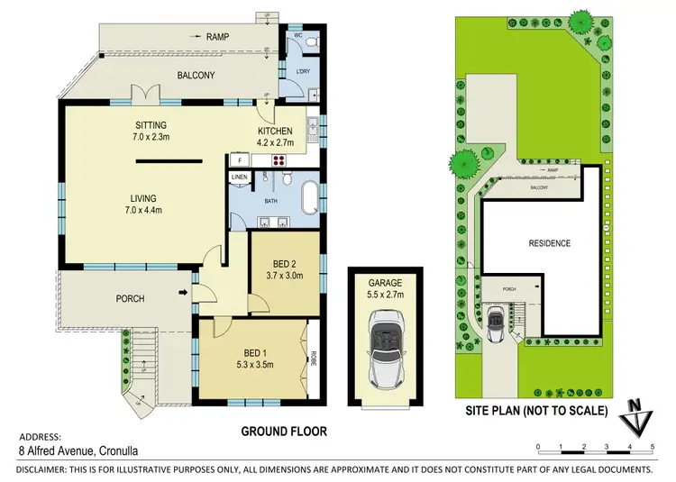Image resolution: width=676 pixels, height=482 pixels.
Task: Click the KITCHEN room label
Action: coord(276,131)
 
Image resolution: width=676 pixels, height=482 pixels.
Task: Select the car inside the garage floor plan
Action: coord(385,347)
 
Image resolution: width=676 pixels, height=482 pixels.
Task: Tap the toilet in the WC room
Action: coord(310,41)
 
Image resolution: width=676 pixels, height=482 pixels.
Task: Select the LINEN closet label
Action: coord(239,177)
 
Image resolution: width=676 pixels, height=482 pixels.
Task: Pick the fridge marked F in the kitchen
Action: coord(241,159)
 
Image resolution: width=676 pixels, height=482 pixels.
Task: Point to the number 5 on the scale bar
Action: coord(651,447)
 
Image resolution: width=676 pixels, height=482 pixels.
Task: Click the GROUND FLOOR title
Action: coord(283,432)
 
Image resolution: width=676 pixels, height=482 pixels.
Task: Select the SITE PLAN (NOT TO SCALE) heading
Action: coord(535,411)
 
